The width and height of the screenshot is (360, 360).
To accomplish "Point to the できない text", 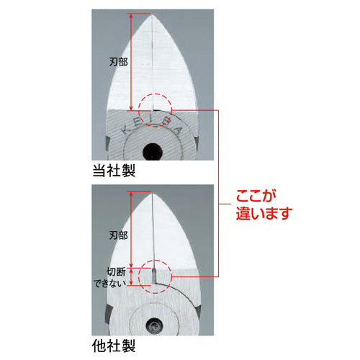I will tap(114, 282).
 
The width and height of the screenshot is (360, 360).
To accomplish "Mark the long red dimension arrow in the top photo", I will tap(130, 62).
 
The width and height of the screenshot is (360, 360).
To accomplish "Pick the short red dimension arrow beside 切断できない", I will tap(131, 277).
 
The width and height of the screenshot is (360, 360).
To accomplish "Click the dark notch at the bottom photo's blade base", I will tap(153, 276).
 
